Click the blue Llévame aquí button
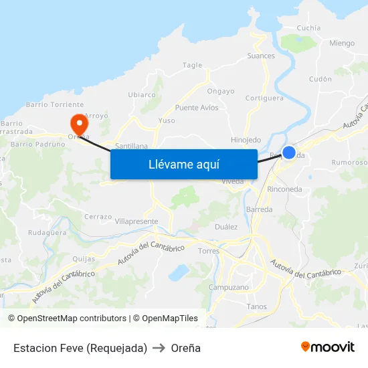point(183,164)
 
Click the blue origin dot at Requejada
point(289,153)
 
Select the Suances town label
point(261,56)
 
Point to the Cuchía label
point(308,28)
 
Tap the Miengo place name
point(342,43)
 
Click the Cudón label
point(320,79)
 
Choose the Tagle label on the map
point(192,66)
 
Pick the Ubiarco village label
point(142,95)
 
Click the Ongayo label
point(221,91)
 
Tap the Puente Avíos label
point(197,108)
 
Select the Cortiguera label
point(265,98)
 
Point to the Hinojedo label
point(246,140)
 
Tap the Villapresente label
point(136,221)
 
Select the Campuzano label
point(229,288)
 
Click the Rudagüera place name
point(48,234)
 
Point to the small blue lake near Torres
point(179,272)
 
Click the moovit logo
point(328,347)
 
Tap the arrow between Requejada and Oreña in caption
point(159,348)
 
